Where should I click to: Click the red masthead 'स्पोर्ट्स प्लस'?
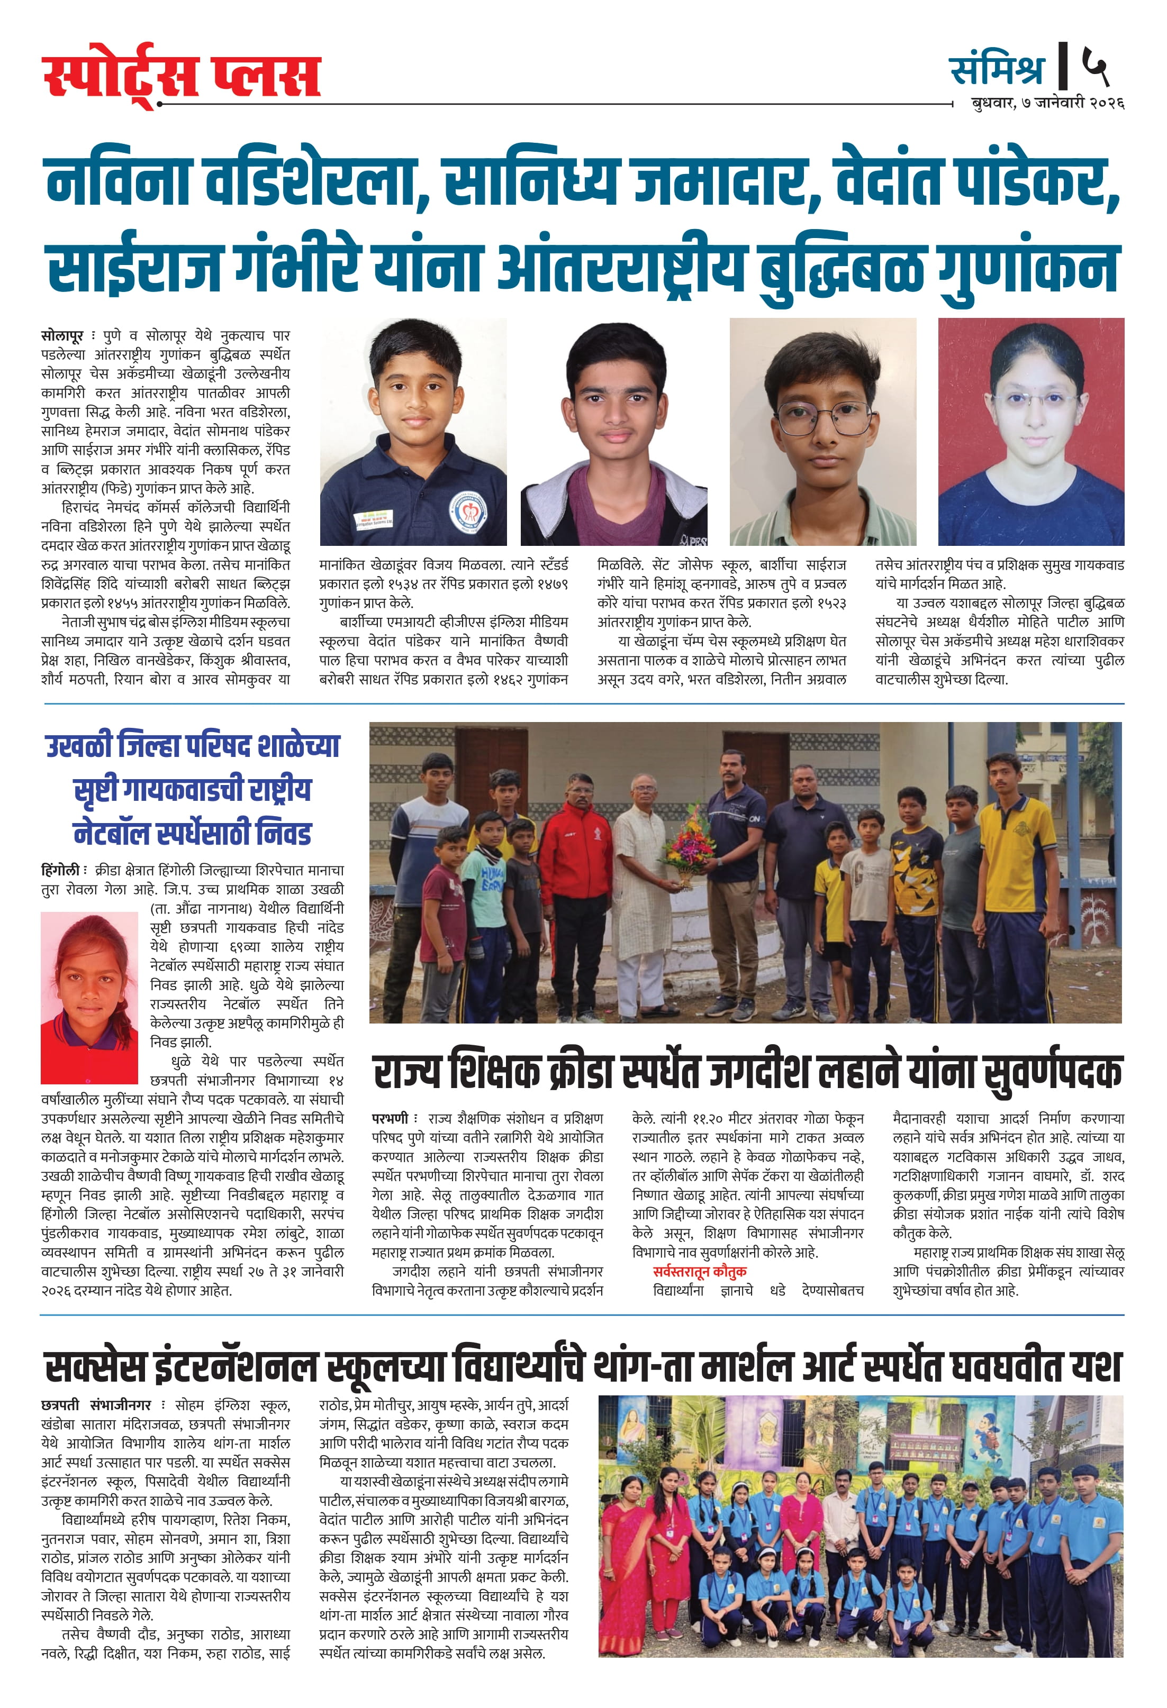click(182, 76)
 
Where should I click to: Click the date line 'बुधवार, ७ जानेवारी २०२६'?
click(1047, 104)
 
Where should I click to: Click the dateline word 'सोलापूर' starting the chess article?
click(62, 336)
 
